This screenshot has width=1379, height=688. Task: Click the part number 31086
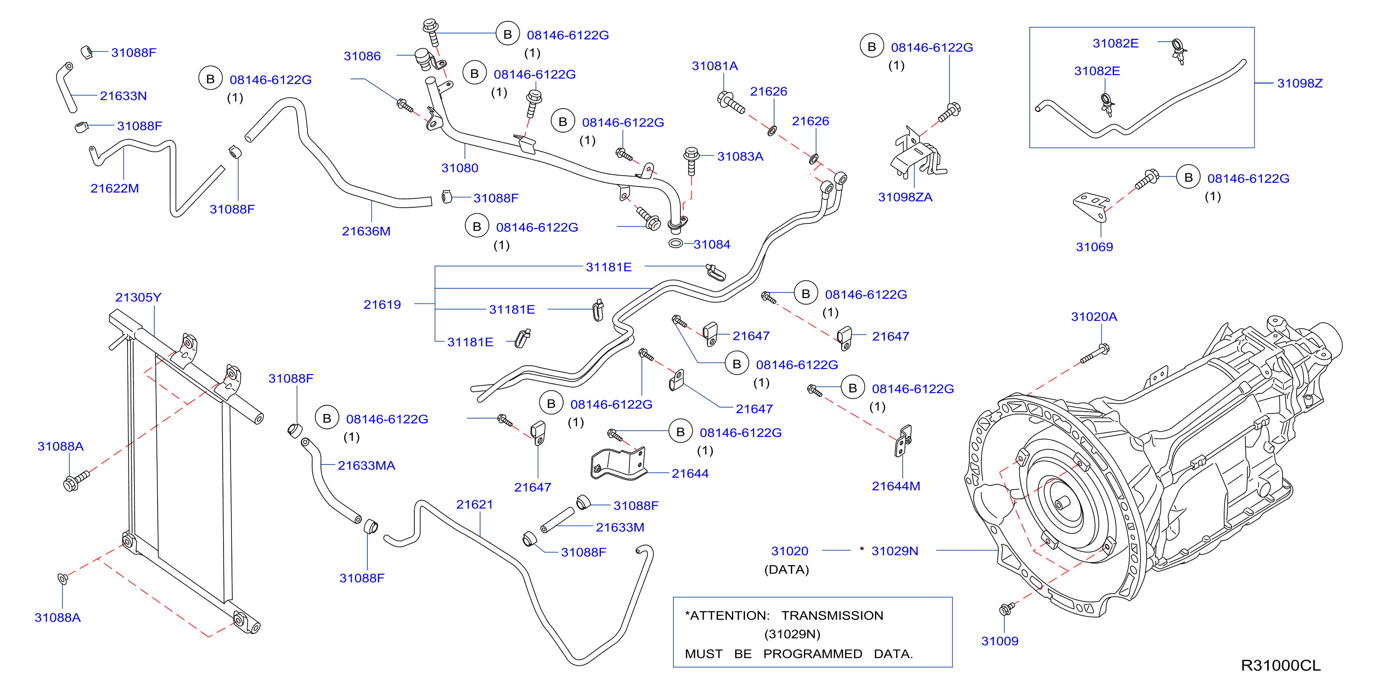[x=362, y=56]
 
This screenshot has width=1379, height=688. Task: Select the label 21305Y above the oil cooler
[x=138, y=298]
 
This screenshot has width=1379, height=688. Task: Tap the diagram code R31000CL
[x=1281, y=666]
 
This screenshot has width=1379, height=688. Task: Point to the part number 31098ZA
[x=905, y=197]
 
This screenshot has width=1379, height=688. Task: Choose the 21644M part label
[x=896, y=486]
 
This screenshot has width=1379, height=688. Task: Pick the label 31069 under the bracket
[x=1094, y=247]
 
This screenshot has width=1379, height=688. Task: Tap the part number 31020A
[x=1094, y=317]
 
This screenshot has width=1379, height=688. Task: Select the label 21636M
[x=366, y=232]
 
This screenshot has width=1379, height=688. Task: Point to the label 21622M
[x=115, y=188]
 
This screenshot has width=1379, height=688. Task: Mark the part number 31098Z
[x=1299, y=83]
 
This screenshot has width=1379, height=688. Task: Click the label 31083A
[x=740, y=157]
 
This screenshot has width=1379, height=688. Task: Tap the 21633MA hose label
[x=366, y=466]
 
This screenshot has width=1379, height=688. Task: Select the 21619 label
[x=382, y=305]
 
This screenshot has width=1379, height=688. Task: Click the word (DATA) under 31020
[x=786, y=570]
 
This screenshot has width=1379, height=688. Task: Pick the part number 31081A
[x=715, y=66]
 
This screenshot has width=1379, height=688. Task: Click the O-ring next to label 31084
[x=675, y=244]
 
